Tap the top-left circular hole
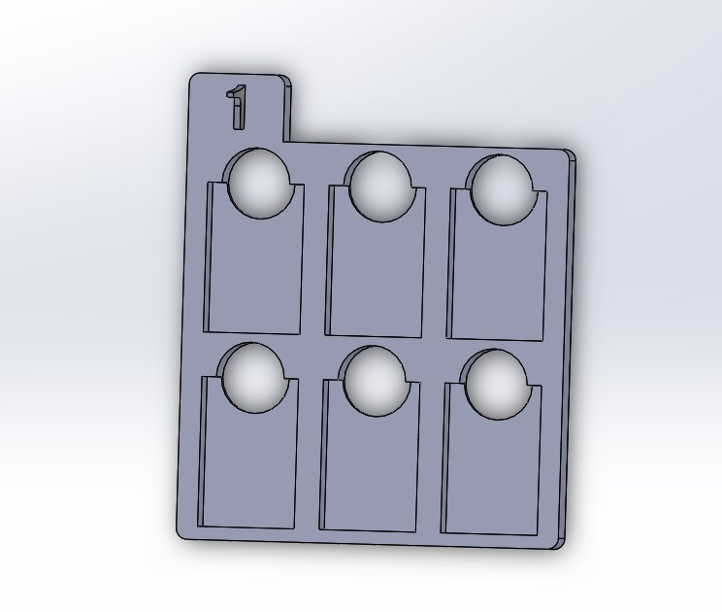click(x=259, y=184)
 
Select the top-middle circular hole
click(x=380, y=187)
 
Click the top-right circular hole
click(x=502, y=190)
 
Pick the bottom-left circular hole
click(x=253, y=378)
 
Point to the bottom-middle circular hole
click(x=376, y=381)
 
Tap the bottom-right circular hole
click(x=497, y=385)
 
